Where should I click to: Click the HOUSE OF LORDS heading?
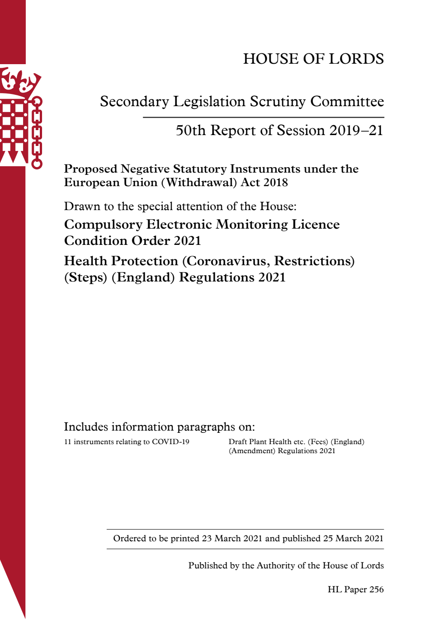pyautogui.click(x=313, y=59)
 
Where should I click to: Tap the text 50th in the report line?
pyautogui.click(x=191, y=131)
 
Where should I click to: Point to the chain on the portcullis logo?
pyautogui.click(x=37, y=133)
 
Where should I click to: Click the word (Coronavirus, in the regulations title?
pyautogui.click(x=226, y=261)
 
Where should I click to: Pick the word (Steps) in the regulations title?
pyautogui.click(x=85, y=277)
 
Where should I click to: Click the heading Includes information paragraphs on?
pyautogui.click(x=159, y=427)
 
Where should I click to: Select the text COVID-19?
pyautogui.click(x=170, y=442)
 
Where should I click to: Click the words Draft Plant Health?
pyautogui.click(x=260, y=442)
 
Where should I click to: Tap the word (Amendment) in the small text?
pyautogui.click(x=252, y=451)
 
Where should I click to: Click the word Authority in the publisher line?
pyautogui.click(x=275, y=566)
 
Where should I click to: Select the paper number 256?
pyautogui.click(x=376, y=590)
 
